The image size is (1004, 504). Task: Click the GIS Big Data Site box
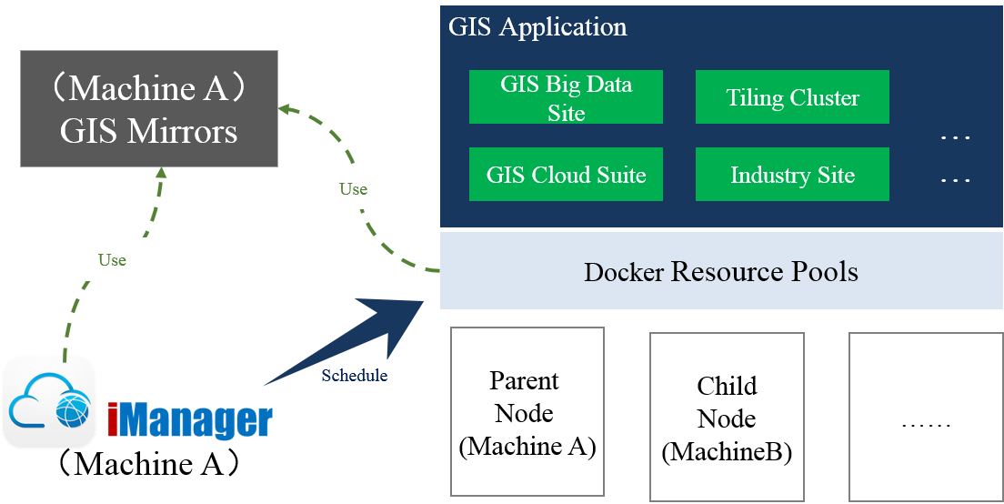click(x=566, y=97)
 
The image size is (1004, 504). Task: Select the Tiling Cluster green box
click(x=792, y=97)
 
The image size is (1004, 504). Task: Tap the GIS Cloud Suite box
click(x=566, y=175)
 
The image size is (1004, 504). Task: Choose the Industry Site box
click(x=792, y=175)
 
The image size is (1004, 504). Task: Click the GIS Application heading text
click(x=537, y=26)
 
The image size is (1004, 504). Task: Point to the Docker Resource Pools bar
click(x=721, y=271)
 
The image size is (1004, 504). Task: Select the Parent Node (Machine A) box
click(x=527, y=412)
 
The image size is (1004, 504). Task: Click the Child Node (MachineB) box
click(x=727, y=418)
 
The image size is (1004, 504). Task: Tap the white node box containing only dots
click(x=926, y=418)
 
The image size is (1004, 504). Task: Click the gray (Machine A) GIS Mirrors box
click(x=149, y=109)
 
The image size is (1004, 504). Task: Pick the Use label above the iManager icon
click(x=112, y=260)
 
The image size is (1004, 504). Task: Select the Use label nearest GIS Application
click(x=353, y=189)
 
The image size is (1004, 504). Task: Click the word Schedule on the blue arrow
click(x=354, y=376)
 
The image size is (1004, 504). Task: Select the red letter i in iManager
click(x=113, y=419)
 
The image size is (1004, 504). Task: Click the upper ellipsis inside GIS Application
click(x=955, y=138)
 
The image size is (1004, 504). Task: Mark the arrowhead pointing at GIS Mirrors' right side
click(x=285, y=108)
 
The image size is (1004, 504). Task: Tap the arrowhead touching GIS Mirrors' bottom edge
click(x=161, y=173)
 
